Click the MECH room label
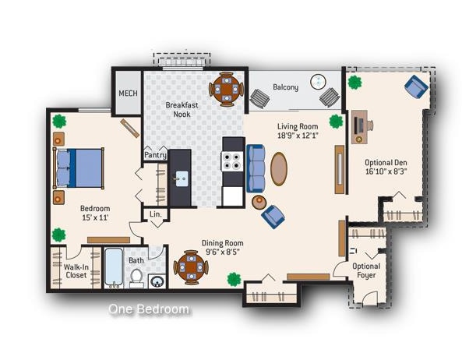(128, 94)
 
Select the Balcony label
(285, 87)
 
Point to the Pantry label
(155, 155)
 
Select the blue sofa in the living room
(255, 168)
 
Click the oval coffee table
(278, 168)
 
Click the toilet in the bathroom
(136, 276)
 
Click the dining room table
(190, 267)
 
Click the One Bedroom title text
(149, 309)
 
